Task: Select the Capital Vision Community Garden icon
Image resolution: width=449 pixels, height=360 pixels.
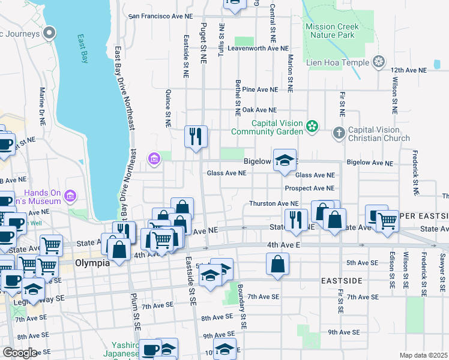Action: (x=312, y=126)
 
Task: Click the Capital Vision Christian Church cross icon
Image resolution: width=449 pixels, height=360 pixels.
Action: (x=339, y=131)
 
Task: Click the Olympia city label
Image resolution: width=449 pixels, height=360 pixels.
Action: (x=91, y=263)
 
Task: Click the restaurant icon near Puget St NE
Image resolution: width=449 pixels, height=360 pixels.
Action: (x=196, y=137)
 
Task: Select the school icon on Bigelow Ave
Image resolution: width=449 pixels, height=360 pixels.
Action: (x=285, y=160)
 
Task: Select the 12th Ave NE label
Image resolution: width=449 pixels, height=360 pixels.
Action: (x=408, y=70)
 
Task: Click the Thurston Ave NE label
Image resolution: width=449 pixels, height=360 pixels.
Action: (x=274, y=204)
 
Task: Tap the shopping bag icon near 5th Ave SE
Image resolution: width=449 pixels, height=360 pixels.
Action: (x=277, y=264)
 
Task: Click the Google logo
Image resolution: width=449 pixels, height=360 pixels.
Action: (x=20, y=352)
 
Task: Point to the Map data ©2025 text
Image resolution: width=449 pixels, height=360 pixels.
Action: (x=423, y=355)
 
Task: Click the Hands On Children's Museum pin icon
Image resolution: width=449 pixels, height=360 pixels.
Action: (x=70, y=196)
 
